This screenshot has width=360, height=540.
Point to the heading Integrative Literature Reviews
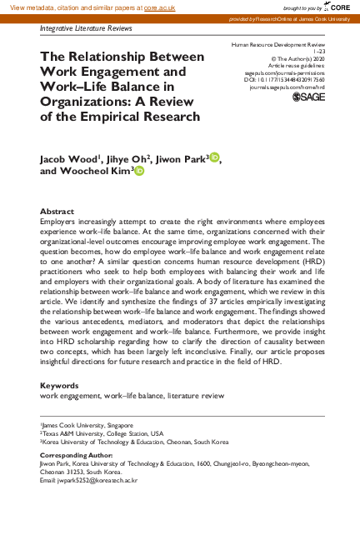(x=87, y=27)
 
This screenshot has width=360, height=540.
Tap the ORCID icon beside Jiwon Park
(x=215, y=157)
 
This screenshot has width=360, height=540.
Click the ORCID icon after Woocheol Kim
(x=139, y=171)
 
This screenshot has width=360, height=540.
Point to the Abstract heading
(x=57, y=212)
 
